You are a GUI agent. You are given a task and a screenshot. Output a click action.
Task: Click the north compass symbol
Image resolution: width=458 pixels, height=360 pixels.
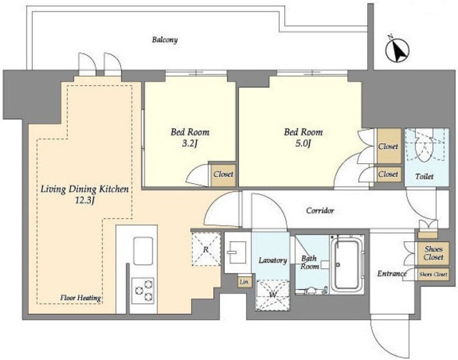click(x=397, y=49)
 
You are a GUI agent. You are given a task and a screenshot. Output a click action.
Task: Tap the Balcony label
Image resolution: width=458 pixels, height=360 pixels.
click(x=165, y=40)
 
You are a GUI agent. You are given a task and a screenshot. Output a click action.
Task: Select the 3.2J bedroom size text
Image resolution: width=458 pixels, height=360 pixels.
click(x=190, y=144)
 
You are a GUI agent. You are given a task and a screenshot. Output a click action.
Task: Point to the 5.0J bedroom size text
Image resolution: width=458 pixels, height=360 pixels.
click(x=303, y=143)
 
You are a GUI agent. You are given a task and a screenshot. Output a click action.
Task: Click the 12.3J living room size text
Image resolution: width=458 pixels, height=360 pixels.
click(x=84, y=200)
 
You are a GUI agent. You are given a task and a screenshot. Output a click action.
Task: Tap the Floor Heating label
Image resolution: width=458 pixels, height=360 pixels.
click(x=81, y=298)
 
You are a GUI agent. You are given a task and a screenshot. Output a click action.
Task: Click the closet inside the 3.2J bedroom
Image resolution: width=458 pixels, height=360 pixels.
click(x=223, y=174)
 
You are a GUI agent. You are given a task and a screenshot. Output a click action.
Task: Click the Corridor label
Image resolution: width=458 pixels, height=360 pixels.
click(x=320, y=210)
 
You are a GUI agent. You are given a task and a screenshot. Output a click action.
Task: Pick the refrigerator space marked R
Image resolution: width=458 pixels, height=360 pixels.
click(x=206, y=249)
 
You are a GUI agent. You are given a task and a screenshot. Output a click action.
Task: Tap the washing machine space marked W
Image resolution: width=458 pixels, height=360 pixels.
click(x=273, y=296)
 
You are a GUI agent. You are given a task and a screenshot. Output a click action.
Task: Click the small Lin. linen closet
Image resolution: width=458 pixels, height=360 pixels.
click(x=244, y=282)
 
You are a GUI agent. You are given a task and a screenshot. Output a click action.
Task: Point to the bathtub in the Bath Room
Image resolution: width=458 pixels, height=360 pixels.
click(x=346, y=264)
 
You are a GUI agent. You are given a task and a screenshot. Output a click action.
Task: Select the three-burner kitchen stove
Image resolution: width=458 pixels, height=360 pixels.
click(x=143, y=290)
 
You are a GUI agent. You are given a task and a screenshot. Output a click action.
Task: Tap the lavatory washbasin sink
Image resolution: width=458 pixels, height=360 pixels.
click(x=237, y=252)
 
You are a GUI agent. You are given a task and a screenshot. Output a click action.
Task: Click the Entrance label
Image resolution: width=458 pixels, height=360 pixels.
click(x=391, y=273)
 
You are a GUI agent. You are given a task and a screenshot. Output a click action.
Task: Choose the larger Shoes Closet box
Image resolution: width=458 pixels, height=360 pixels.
click(x=434, y=253)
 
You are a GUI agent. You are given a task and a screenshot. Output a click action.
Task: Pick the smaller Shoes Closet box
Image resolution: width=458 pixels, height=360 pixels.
click(x=433, y=274)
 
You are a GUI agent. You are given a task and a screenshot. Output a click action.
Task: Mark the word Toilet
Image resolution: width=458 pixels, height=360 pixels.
click(x=424, y=176)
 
